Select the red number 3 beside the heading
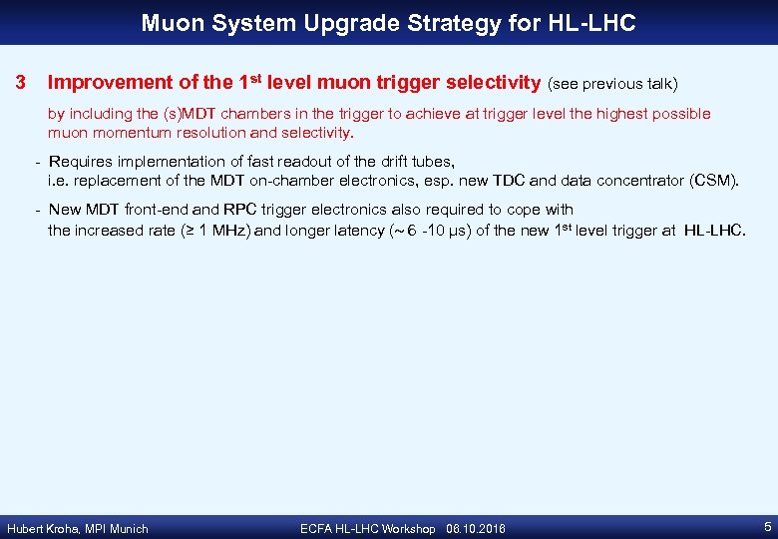click(19, 82)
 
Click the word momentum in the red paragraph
click(129, 132)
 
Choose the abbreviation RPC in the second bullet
click(239, 210)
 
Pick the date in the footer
click(476, 528)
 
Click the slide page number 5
click(764, 526)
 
